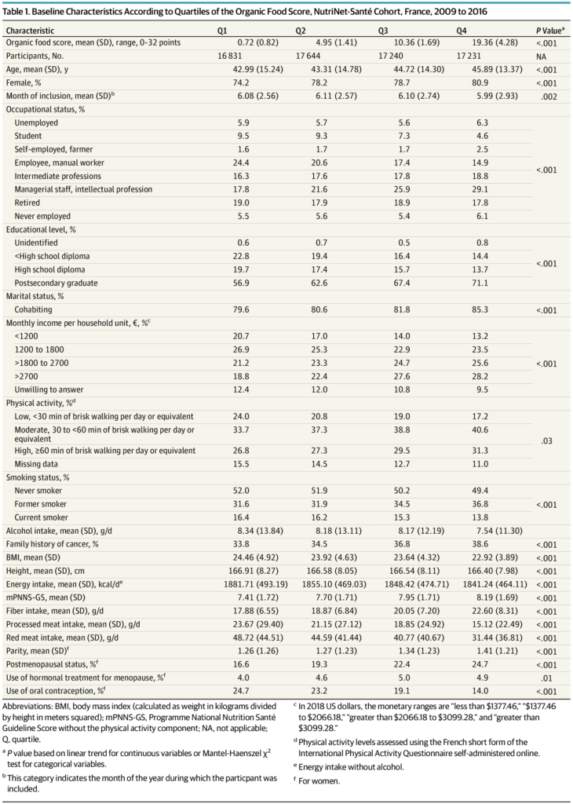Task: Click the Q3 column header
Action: [x=383, y=31]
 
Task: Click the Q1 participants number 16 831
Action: [x=230, y=57]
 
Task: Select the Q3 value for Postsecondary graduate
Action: [x=403, y=283]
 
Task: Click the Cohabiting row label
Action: [x=33, y=309]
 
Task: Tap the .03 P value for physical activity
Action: [x=547, y=441]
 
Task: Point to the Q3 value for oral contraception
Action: [x=403, y=691]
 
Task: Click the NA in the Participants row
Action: [x=542, y=57]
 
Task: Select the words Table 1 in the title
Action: [x=16, y=12]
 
